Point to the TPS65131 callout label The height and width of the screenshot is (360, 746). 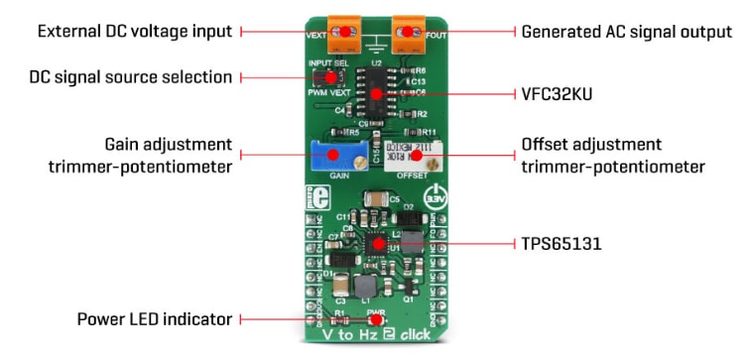pos(562,241)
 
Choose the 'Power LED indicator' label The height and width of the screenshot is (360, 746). pos(155,319)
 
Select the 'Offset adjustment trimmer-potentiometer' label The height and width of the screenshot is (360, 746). pos(612,156)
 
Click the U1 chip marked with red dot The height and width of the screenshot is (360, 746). pos(378,242)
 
